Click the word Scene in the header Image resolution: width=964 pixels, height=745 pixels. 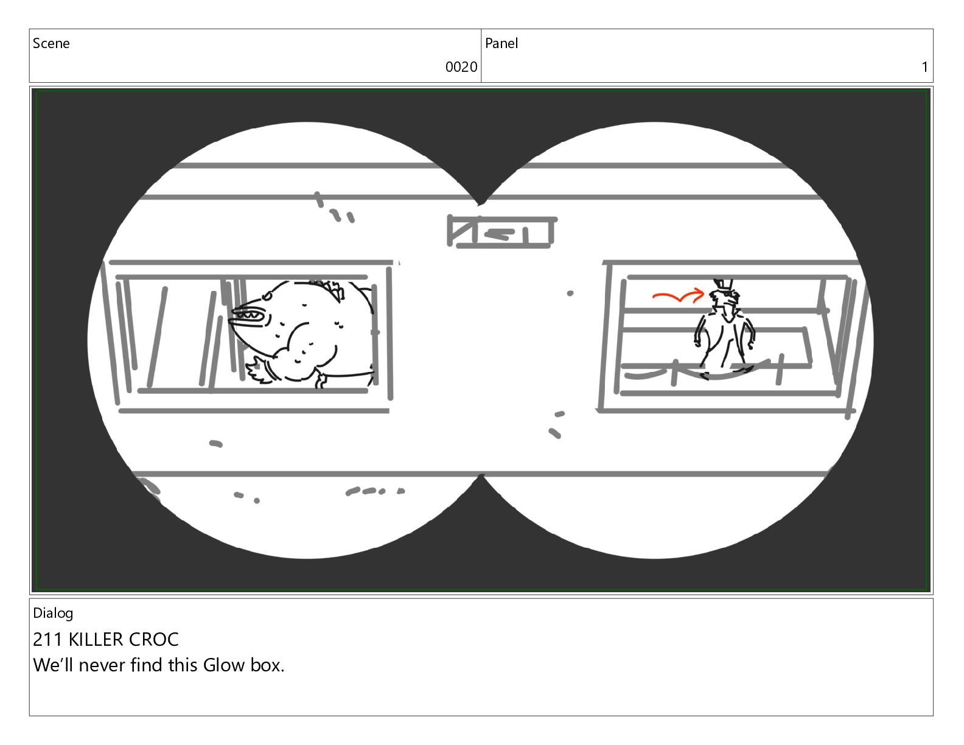pos(51,43)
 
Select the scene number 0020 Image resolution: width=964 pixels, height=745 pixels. pos(461,67)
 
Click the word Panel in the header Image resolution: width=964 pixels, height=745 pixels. pos(501,43)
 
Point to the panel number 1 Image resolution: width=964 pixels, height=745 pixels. pos(924,67)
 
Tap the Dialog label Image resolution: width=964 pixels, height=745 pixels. pos(53,614)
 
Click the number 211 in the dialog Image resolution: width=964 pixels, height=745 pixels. pos(47,639)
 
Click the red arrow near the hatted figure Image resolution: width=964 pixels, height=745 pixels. pos(678,295)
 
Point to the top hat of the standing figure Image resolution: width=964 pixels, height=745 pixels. pos(722,285)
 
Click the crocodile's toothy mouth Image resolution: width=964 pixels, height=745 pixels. pos(250,316)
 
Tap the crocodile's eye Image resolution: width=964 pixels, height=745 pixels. pos(267,295)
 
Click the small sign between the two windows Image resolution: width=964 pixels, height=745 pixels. pos(501,232)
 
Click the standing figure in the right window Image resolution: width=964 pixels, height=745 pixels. pos(724,329)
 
